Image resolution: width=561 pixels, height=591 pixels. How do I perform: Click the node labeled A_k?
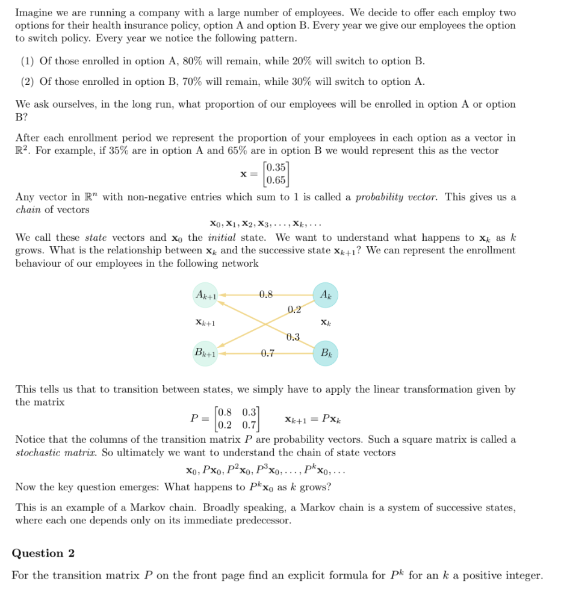pyautogui.click(x=325, y=295)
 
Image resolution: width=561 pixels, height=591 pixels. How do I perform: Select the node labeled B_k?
pyautogui.click(x=325, y=353)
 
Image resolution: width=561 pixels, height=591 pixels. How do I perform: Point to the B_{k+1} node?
pyautogui.click(x=205, y=353)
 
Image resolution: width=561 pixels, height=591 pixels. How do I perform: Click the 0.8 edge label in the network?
pyautogui.click(x=265, y=294)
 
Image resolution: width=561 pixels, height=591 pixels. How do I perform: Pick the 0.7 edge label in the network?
pyautogui.click(x=268, y=353)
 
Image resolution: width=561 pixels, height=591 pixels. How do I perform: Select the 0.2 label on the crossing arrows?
pyautogui.click(x=294, y=310)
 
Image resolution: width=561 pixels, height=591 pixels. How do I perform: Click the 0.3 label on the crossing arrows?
pyautogui.click(x=293, y=337)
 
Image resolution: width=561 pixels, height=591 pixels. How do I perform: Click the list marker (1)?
pyautogui.click(x=27, y=61)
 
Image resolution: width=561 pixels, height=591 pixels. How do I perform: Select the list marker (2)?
pyautogui.click(x=27, y=82)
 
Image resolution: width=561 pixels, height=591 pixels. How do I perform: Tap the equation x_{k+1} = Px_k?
pyautogui.click(x=316, y=419)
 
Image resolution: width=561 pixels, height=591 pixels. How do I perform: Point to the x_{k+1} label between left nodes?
pyautogui.click(x=205, y=323)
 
